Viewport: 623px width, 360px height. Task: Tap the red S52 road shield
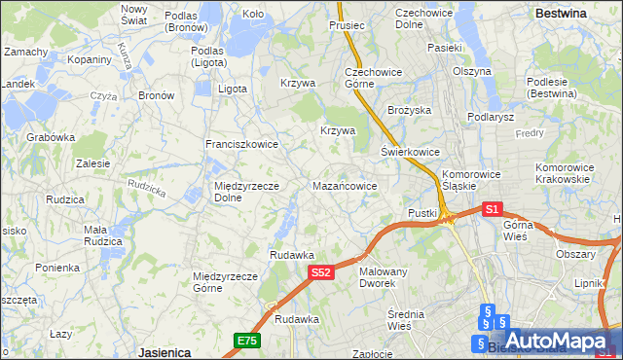click(x=323, y=274)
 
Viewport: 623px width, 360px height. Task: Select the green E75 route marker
click(x=246, y=341)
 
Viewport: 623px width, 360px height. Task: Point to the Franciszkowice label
click(x=241, y=144)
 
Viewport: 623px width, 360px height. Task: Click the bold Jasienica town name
click(x=164, y=352)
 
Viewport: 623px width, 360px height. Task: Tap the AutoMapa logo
click(x=556, y=342)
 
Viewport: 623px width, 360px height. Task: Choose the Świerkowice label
click(x=410, y=153)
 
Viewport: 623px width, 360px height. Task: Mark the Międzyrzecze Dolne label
click(x=246, y=192)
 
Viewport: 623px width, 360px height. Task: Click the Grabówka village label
click(x=52, y=137)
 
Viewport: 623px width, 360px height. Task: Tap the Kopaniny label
click(x=90, y=59)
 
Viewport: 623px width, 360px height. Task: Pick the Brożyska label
click(x=409, y=111)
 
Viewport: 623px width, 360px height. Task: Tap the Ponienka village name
click(x=57, y=268)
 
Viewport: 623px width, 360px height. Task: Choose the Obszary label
click(x=575, y=254)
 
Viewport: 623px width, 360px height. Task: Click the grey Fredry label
click(x=530, y=132)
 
